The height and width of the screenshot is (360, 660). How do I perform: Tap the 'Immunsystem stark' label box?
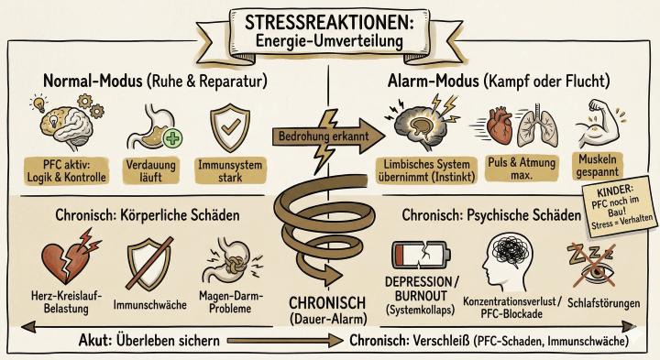pos(226,171)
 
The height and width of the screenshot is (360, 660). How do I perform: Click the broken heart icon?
pos(60,256)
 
